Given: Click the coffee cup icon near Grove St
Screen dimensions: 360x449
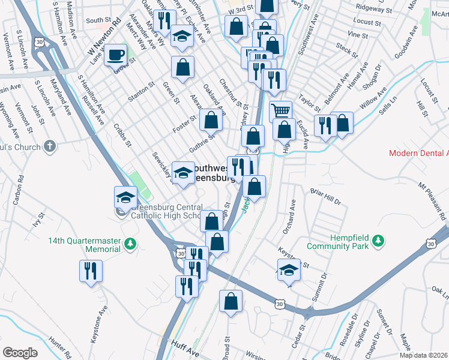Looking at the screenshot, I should tap(115, 55).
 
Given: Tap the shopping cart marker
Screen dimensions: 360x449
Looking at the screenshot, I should tap(281, 111).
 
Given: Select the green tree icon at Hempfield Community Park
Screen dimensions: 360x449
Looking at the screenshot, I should tap(378, 241).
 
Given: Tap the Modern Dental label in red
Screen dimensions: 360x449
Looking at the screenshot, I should tap(418, 153).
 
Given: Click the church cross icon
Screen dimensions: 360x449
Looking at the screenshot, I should tap(51, 146).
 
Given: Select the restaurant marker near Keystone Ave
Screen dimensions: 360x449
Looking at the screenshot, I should tap(91, 271).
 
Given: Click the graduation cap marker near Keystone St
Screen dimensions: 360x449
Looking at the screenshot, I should tap(289, 269).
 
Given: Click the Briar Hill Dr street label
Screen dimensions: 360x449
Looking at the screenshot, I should tap(325, 198).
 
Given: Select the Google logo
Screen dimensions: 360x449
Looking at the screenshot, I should tap(20, 353).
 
